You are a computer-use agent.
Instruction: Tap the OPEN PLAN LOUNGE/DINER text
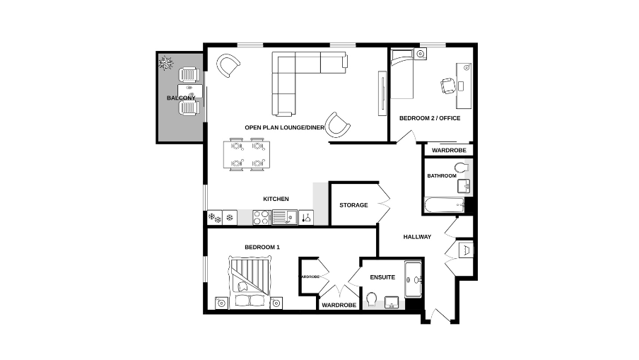click(x=284, y=127)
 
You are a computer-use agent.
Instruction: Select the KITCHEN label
click(x=276, y=199)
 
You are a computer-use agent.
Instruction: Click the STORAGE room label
click(x=353, y=205)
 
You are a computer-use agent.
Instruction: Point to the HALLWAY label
click(x=417, y=236)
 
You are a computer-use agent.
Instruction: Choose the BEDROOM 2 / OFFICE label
click(x=430, y=118)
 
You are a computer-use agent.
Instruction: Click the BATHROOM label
click(x=441, y=175)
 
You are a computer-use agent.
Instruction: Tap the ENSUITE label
click(x=382, y=277)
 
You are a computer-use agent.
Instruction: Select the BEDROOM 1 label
click(x=262, y=247)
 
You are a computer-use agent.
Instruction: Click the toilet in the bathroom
click(x=462, y=168)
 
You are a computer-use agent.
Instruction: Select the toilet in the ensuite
click(x=372, y=301)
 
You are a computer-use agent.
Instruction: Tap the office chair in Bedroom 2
click(x=448, y=86)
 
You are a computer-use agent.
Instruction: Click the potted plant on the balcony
click(x=166, y=64)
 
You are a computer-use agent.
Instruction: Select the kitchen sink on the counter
click(x=280, y=217)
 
